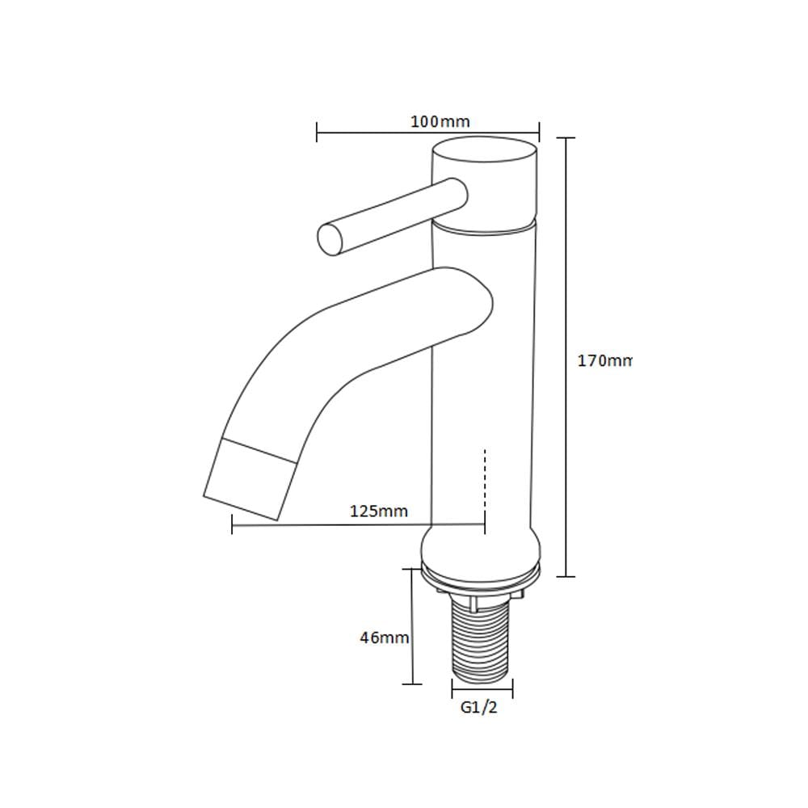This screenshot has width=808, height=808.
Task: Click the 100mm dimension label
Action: point(440,122)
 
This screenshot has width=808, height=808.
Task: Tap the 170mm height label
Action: point(604,360)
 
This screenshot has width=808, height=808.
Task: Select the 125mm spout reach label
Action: point(379,511)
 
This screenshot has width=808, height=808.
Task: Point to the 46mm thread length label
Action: point(385,638)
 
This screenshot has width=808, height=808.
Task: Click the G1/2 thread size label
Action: point(479,708)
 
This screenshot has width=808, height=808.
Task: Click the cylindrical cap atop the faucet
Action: point(485,180)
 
